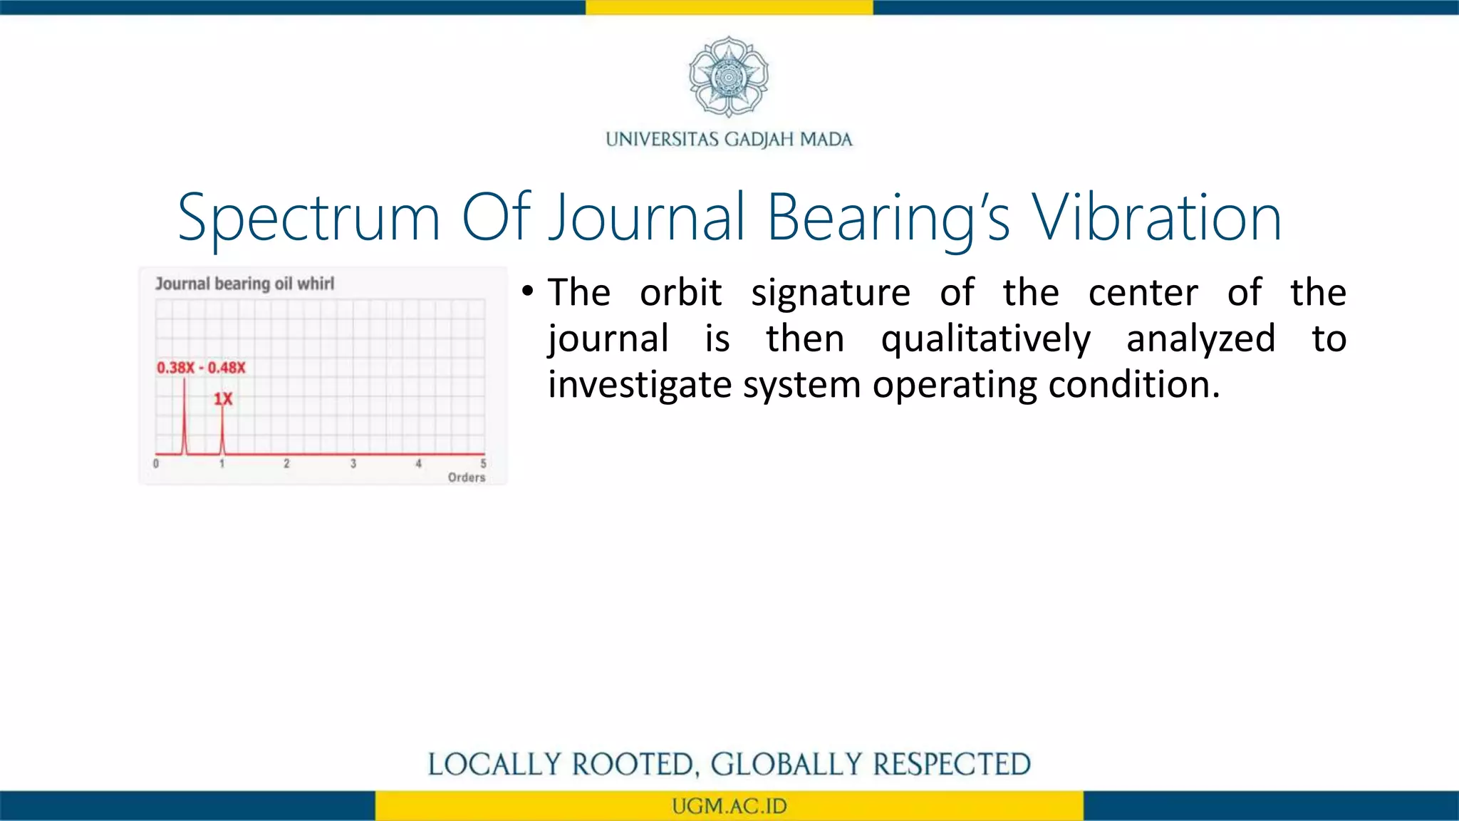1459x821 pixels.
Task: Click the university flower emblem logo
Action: [x=728, y=77]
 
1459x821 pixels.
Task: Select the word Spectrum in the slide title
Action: [x=308, y=218]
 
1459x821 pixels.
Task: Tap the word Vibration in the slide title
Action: [x=1158, y=218]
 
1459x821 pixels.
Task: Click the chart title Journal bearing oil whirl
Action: [x=244, y=284]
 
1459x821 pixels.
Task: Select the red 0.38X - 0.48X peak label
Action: [x=201, y=368]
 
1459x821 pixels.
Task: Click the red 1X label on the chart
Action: [x=223, y=399]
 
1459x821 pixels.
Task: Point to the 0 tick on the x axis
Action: [x=156, y=464]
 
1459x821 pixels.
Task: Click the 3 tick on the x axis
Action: [x=353, y=464]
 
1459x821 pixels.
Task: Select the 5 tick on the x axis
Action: [x=483, y=464]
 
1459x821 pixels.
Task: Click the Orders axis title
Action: [x=467, y=477]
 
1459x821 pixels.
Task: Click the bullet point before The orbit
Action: [x=527, y=291]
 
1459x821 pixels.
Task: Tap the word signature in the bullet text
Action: [x=830, y=293]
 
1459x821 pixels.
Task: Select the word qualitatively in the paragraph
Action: [x=985, y=339]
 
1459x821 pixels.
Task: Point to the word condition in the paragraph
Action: [x=1133, y=385]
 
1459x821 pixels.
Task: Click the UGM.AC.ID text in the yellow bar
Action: [x=729, y=806]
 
